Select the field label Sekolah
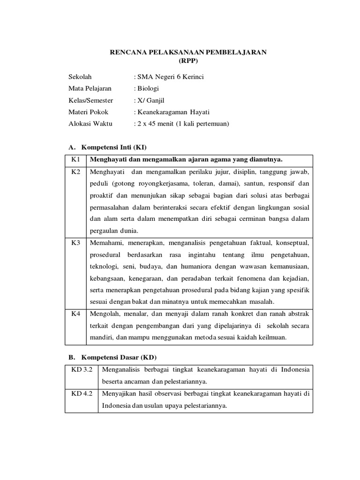coord(80,77)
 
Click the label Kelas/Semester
coord(91,100)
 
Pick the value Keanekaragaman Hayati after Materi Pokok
coord(173,112)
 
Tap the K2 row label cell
coord(76,172)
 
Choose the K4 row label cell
coord(76,313)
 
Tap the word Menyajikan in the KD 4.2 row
coord(120,394)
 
